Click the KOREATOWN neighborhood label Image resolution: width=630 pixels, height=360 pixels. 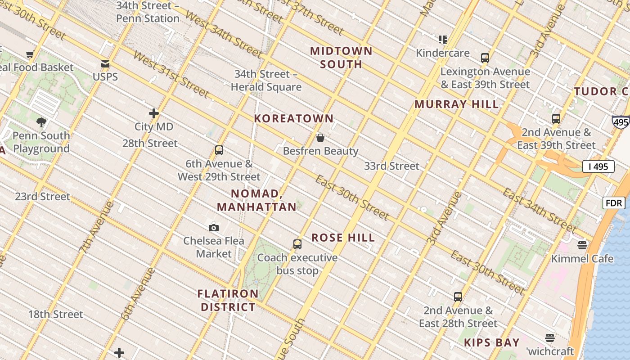[294, 119]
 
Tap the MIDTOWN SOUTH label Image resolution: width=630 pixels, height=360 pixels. [342, 58]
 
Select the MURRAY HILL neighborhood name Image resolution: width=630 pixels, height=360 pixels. [456, 104]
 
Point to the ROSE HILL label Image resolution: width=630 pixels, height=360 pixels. [343, 238]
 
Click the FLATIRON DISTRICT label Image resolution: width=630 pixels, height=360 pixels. [228, 301]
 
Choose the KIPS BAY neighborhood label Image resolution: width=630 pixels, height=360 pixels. [492, 342]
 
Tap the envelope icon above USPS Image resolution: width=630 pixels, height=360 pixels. [105, 64]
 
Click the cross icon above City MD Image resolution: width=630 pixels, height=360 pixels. [154, 113]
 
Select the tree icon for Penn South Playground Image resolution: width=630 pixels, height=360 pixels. [41, 122]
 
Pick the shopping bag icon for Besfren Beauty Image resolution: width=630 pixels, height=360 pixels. [320, 138]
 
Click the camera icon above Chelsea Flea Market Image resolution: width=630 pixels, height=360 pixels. [214, 228]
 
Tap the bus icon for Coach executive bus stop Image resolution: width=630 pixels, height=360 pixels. [297, 244]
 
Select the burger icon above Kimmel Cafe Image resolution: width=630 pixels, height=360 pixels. [582, 245]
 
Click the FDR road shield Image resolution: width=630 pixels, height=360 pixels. [614, 203]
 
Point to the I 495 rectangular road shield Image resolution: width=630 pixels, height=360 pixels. [598, 166]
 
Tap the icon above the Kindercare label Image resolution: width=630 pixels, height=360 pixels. [443, 40]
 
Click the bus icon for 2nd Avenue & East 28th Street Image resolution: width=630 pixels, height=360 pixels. [458, 297]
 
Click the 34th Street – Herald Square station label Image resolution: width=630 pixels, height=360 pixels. [266, 81]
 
